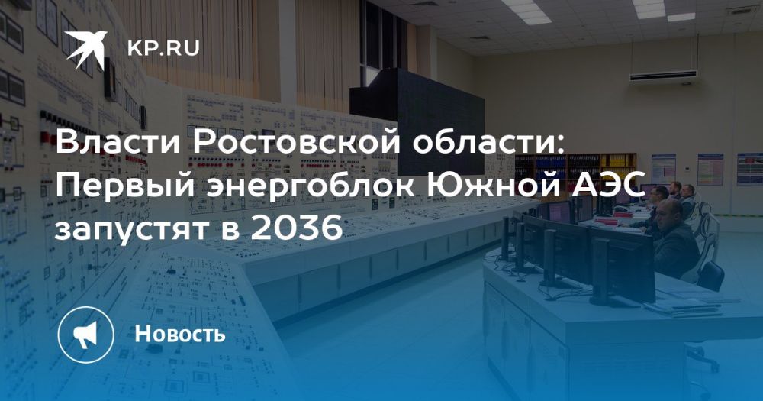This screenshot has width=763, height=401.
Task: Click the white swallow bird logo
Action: pyautogui.click(x=86, y=48)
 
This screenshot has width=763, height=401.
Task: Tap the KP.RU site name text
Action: pyautogui.click(x=163, y=49)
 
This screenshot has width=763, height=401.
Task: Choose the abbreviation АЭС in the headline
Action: pyautogui.click(x=608, y=186)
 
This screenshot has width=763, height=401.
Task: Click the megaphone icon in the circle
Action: pyautogui.click(x=85, y=335)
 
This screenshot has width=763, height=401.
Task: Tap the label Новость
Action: pyautogui.click(x=180, y=335)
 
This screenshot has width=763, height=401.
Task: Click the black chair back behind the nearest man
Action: pyautogui.click(x=710, y=276)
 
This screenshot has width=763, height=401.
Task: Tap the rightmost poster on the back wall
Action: pyautogui.click(x=749, y=169)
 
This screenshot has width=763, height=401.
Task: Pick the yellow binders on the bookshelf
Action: pyautogui.click(x=618, y=161)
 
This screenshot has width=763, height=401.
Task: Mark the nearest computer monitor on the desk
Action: pyautogui.click(x=623, y=266)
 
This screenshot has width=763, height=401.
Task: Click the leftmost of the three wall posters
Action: pyautogui.click(x=664, y=169)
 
